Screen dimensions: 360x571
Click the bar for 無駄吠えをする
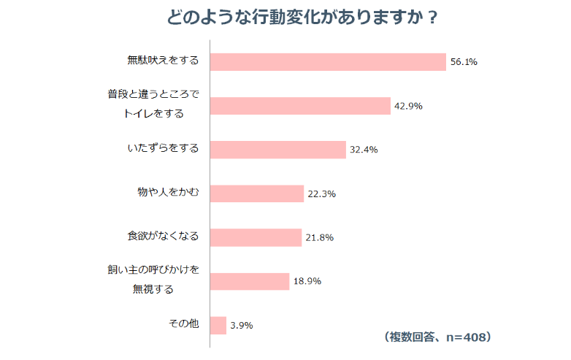coord(327,62)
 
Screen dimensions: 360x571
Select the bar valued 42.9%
coord(300,106)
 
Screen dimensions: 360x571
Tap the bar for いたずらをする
coord(277,150)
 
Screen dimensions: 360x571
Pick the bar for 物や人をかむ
coord(256,194)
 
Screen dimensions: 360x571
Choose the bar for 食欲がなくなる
coord(256,237)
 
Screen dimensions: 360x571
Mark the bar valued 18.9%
coord(249,281)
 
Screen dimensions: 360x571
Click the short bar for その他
coord(218,325)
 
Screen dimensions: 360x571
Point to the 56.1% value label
coord(464,62)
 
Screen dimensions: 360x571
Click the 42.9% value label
coord(409,106)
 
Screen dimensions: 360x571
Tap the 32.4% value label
coord(364,150)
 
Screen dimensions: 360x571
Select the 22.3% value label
coord(321,194)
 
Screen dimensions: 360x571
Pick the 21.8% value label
coord(320,237)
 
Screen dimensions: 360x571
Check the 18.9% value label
coord(307,281)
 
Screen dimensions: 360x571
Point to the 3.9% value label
coord(241,325)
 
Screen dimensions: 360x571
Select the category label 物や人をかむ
coord(169,192)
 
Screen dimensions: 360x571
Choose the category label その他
coord(183,323)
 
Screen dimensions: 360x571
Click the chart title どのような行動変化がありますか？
coord(303,17)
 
